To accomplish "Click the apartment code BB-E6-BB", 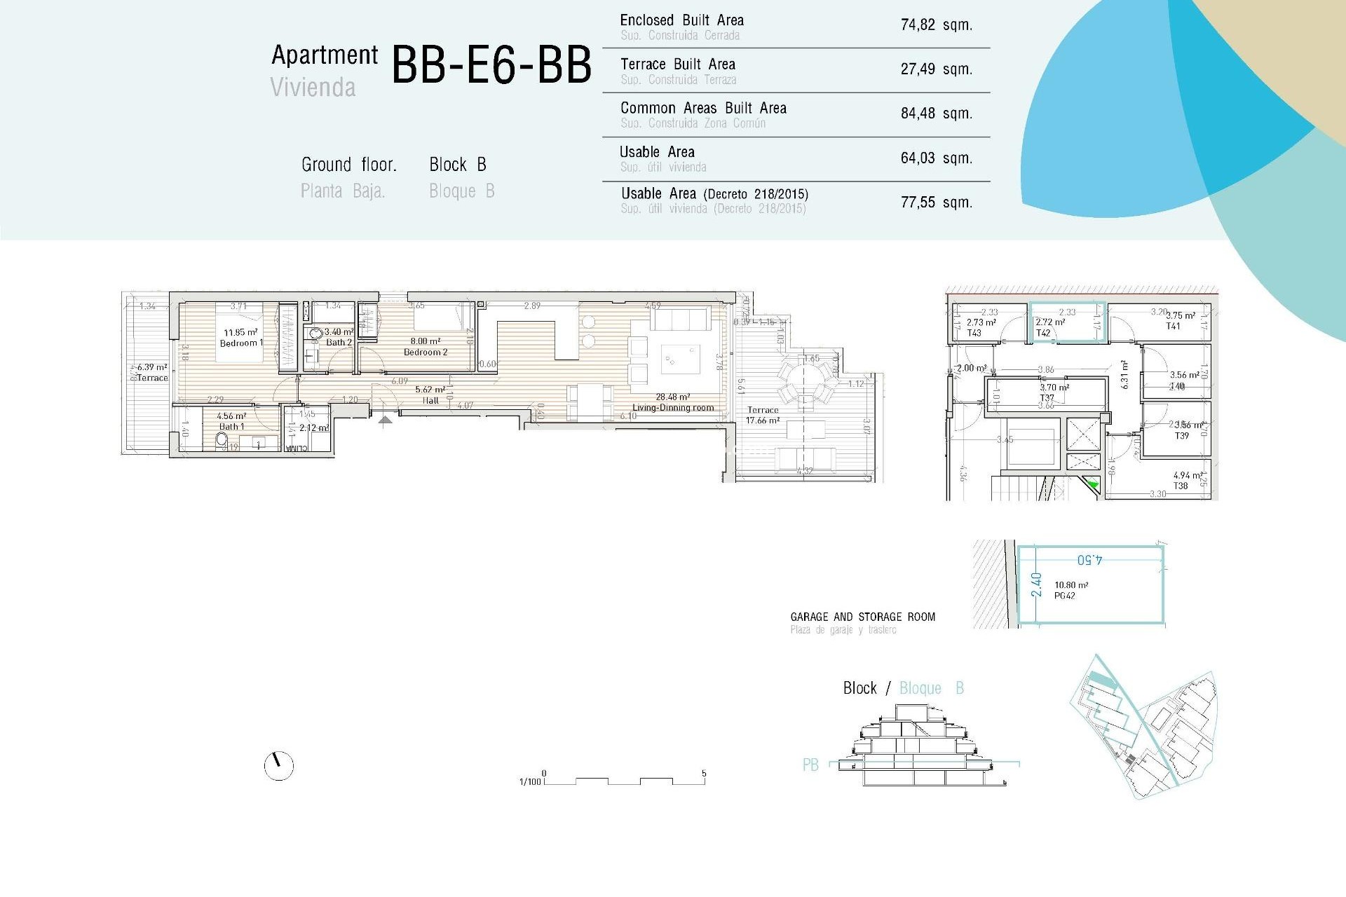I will coord(491,64).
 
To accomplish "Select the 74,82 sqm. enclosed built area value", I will coord(936,25).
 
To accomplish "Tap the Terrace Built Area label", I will coord(677,64).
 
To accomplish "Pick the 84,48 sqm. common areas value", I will coord(936,114).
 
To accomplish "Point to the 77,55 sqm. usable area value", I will coord(936,203).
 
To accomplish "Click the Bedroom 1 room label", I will coord(241,343).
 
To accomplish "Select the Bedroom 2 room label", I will coord(425,352).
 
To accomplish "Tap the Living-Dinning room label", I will coord(673,407).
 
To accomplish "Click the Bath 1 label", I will coord(231,426).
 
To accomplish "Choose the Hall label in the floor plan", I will coord(430,401).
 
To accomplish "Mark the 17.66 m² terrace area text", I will coord(763,420).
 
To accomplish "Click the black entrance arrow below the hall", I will coord(385,420).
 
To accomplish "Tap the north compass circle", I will coord(279,766).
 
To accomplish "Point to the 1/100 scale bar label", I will coord(530,781).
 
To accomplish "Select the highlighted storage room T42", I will coord(1066,322).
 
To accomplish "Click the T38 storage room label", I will coord(1181,486).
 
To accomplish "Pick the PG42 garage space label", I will coord(1064,596).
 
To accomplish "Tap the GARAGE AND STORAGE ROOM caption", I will coord(862,617).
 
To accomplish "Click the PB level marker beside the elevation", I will coord(810,765).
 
